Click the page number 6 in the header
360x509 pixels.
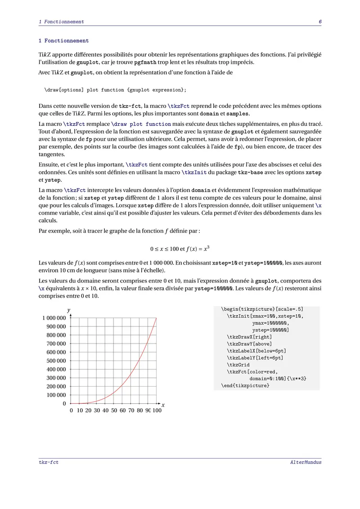pos(319,22)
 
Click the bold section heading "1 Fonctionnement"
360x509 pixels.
pos(63,41)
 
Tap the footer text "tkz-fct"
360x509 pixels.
pos(49,462)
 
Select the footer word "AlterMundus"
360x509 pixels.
pos(306,462)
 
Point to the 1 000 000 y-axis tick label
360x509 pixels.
pos(54,318)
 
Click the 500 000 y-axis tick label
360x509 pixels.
pos(56,361)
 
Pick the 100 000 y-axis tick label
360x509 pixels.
pos(56,395)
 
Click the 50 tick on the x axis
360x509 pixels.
pos(114,411)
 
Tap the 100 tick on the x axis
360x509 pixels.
pos(157,411)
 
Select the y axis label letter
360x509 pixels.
pos(68,310)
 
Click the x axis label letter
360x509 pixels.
pos(163,405)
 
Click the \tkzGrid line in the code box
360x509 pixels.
pos(238,365)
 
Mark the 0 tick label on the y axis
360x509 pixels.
pos(64,403)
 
